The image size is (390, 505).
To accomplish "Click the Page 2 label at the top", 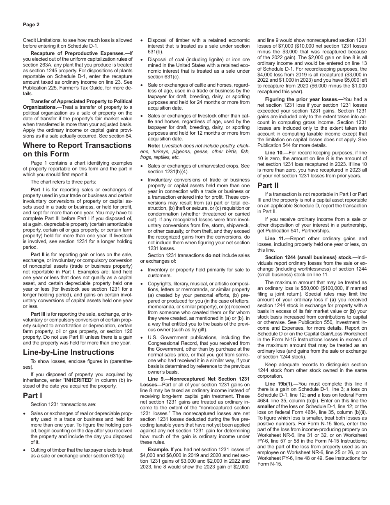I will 31,25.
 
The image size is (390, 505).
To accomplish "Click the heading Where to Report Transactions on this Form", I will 77,149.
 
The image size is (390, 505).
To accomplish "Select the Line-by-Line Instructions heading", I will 69,352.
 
